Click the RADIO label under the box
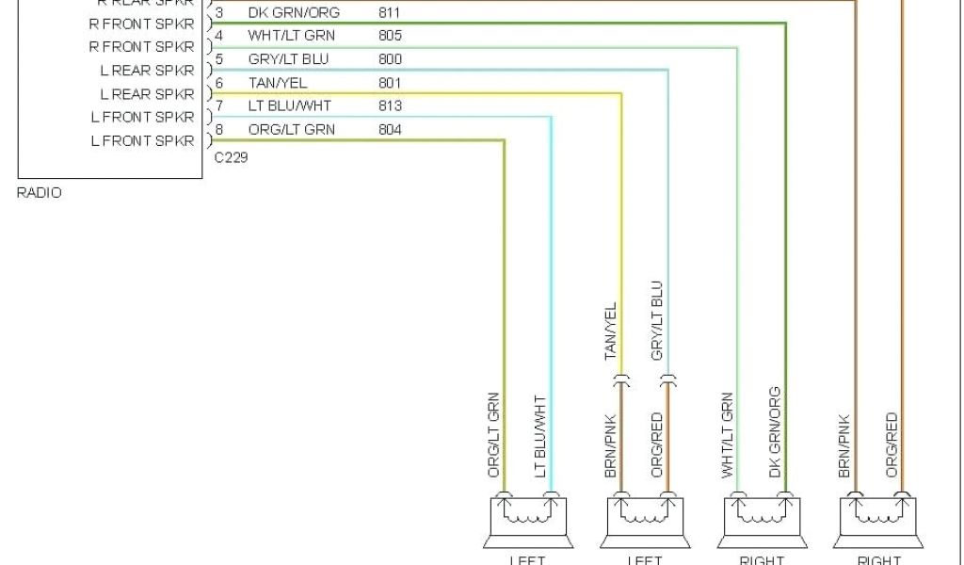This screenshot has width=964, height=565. point(40,193)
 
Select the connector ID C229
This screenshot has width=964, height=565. point(231,157)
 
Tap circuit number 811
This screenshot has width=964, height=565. point(389,13)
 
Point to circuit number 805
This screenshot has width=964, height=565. point(389,36)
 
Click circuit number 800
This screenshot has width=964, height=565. point(389,59)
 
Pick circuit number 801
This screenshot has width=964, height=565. point(389,83)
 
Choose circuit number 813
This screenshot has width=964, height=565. point(389,105)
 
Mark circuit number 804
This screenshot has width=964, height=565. point(389,129)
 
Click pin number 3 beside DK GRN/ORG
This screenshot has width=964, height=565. point(219,13)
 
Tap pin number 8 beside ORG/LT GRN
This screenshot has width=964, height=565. point(219,129)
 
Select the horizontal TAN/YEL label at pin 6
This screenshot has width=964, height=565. point(277,83)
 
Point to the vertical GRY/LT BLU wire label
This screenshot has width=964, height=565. point(657,320)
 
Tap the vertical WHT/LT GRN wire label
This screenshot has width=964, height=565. point(728,435)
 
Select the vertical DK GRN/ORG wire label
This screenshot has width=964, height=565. point(775,431)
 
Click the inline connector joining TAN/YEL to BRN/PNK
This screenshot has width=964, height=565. point(621,381)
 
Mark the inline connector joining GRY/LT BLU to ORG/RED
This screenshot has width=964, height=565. point(667,381)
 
